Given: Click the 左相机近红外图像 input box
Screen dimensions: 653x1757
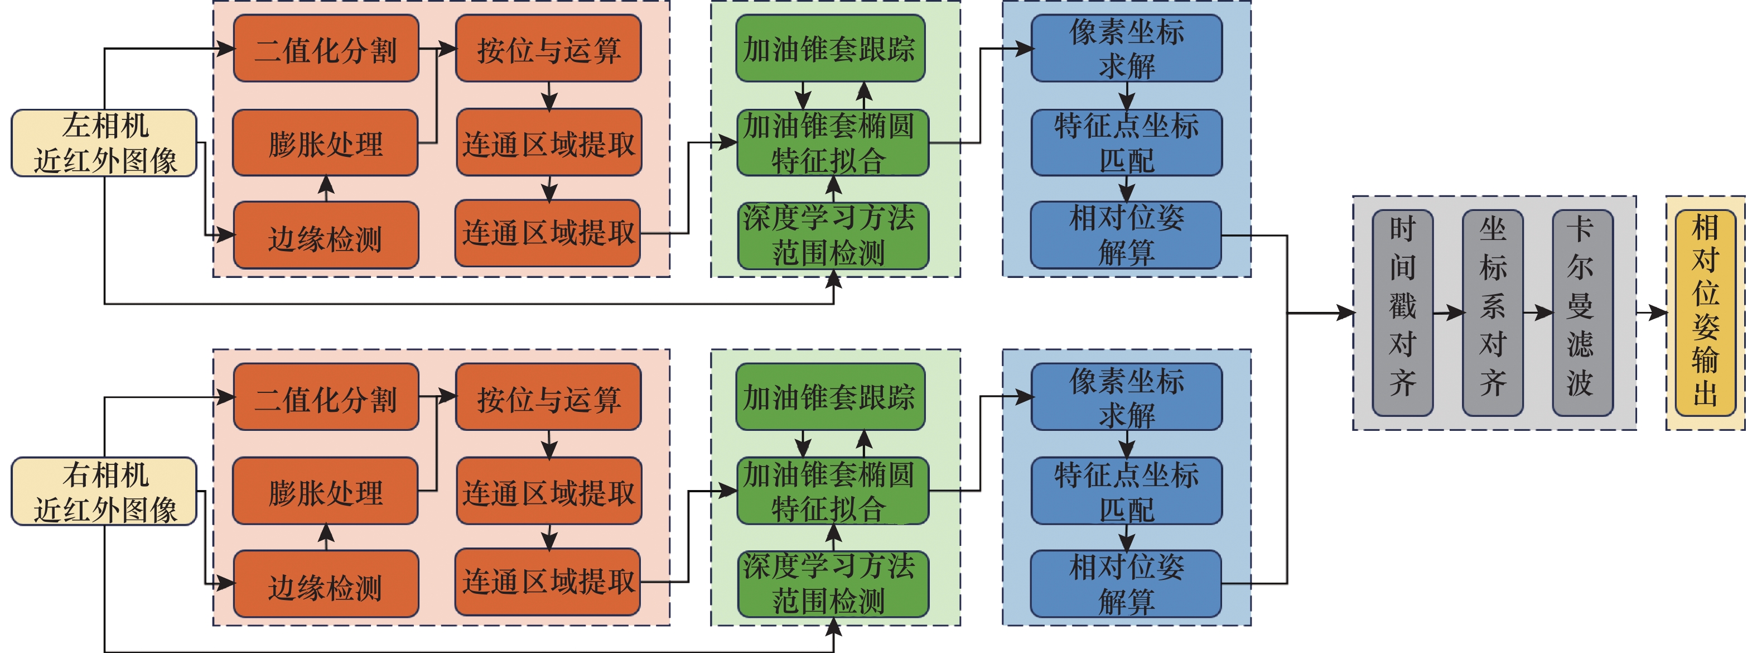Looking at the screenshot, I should coord(104,143).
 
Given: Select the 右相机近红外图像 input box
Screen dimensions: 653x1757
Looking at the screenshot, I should coord(104,491).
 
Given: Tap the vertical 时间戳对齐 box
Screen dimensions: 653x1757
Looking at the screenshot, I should coord(1402,313).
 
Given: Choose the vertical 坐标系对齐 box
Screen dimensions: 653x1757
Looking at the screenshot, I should coord(1493,313).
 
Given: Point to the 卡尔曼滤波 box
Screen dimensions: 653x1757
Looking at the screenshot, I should coord(1582,313).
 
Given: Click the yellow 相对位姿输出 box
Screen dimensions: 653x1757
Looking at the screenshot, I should coord(1705,313).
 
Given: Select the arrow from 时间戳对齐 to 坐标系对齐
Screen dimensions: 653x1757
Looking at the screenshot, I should coord(1448,313).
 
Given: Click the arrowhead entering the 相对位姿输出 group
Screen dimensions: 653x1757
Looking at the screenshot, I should coord(1659,313).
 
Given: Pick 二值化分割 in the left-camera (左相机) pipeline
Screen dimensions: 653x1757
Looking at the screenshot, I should coord(326,49).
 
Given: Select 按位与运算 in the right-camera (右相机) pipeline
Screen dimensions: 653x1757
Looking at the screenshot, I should coord(548,397).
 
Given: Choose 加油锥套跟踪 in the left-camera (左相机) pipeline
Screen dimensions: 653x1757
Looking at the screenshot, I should coord(830,49).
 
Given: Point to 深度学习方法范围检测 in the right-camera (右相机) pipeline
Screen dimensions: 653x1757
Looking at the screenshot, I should coord(833,583).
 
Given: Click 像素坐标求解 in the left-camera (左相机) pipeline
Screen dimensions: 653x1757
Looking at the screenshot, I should coord(1126,49).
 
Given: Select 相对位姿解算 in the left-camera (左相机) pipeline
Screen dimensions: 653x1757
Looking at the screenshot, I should coord(1126,236).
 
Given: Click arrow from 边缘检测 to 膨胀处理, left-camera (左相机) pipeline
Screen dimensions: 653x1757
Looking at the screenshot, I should coord(326,188).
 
